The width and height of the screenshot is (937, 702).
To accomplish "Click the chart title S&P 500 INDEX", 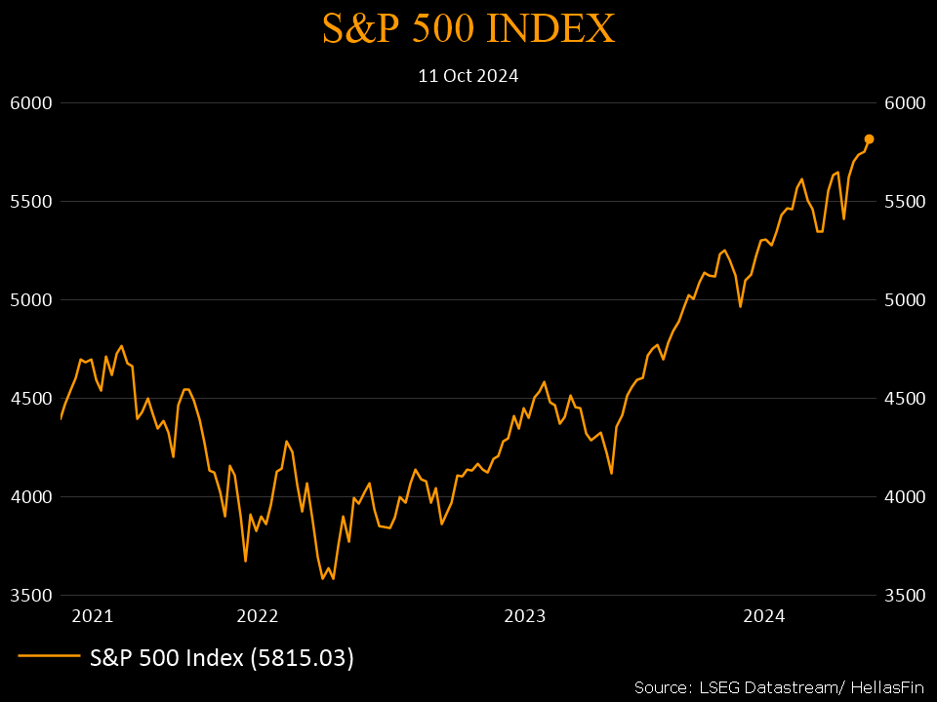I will coord(468,29).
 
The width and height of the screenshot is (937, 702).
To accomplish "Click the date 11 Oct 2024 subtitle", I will coord(468,75).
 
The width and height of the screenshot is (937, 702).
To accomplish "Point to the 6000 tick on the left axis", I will coord(28,103).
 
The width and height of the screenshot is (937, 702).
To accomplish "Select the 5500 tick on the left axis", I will coord(28,202).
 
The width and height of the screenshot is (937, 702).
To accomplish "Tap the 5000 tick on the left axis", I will coord(28,300).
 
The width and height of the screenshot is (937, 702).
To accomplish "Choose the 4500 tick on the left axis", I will coord(28,399).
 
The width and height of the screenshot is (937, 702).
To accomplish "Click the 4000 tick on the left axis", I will coord(28,497).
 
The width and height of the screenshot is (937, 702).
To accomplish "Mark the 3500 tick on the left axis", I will coord(28,596).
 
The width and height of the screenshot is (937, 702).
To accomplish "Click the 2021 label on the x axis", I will coord(93,616).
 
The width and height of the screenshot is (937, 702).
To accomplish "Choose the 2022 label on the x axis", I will coord(258,616).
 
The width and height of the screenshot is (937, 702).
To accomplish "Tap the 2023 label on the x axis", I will coord(524,616).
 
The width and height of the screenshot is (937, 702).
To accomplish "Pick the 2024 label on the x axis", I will coord(764,616).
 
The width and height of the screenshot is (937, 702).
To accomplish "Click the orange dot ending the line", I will coord(869,139).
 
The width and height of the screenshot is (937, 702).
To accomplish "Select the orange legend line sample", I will coord(49,657).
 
